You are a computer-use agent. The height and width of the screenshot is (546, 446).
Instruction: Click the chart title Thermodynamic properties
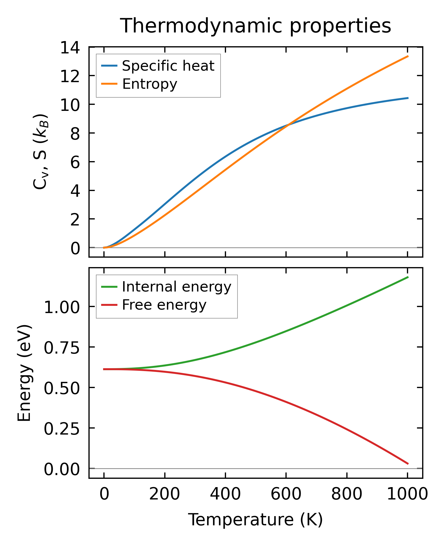255,26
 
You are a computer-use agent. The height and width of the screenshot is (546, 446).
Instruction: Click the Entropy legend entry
150,84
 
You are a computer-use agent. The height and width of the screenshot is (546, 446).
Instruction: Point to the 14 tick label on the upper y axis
69,47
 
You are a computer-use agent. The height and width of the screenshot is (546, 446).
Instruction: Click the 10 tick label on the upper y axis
69,105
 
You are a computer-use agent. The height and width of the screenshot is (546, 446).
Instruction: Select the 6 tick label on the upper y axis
75,162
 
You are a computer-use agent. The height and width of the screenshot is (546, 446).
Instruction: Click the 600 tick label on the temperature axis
286,495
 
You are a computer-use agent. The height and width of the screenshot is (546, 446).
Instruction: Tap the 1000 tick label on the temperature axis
407,495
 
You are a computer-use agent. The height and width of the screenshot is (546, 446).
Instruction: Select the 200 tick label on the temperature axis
165,495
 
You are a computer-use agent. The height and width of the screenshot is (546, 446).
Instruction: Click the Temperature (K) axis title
255,520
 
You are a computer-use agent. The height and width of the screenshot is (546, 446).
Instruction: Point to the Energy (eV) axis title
24,373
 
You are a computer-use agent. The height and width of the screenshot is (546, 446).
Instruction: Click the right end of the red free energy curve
408,464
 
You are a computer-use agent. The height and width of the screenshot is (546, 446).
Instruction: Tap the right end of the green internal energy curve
408,277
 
